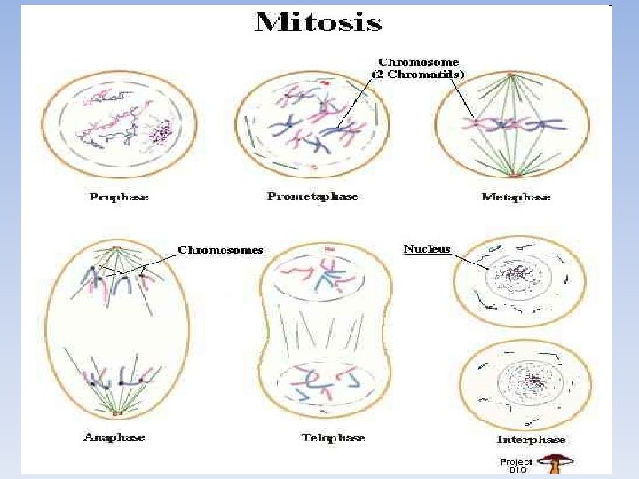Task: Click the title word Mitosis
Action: (x=318, y=22)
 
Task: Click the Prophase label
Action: (x=119, y=197)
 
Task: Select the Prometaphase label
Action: (x=312, y=196)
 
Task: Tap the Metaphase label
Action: (x=516, y=197)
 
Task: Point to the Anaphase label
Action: (x=114, y=436)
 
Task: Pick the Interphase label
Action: (x=531, y=439)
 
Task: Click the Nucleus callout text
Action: (x=427, y=249)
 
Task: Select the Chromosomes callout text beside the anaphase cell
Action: (x=220, y=250)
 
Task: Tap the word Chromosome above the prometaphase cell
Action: (x=419, y=62)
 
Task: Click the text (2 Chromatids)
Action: (x=418, y=75)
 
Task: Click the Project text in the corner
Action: (x=516, y=462)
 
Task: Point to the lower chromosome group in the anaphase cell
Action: (x=114, y=380)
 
